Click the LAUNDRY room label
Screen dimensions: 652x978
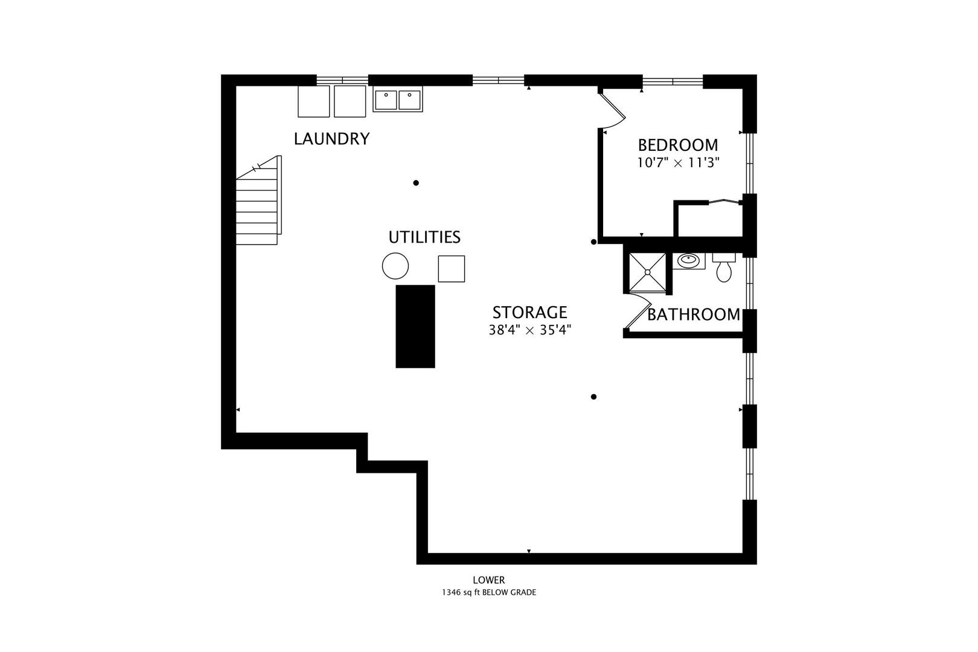[x=331, y=139]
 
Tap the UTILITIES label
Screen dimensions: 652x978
[x=424, y=237]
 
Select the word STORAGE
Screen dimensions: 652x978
[x=529, y=312]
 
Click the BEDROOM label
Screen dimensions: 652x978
[x=678, y=145]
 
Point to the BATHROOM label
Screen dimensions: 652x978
[x=694, y=315]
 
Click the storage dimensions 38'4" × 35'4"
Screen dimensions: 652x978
[x=529, y=330]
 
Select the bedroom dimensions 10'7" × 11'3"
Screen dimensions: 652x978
[x=678, y=162]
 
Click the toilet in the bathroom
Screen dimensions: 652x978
[x=724, y=269]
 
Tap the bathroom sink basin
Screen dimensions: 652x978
[x=688, y=261]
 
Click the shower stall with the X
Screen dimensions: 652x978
[x=647, y=272]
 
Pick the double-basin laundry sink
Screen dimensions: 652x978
[x=398, y=100]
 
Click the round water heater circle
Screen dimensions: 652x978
[x=395, y=266]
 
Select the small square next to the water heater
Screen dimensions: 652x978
[x=451, y=269]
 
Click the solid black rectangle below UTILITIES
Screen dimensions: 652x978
[x=415, y=326]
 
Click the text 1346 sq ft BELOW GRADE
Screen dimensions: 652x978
[x=489, y=592]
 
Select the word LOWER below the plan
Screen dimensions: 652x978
[x=489, y=580]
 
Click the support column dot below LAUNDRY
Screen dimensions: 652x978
[x=416, y=183]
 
